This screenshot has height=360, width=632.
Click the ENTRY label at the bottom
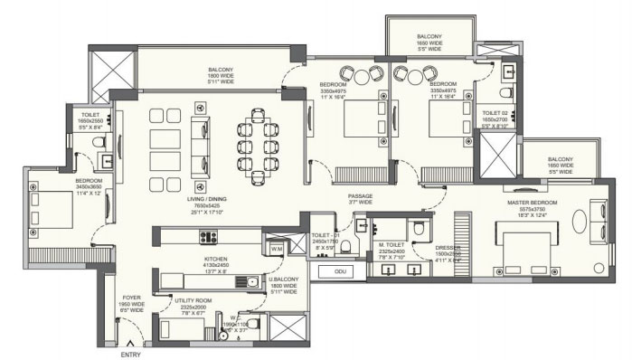tap(131, 355)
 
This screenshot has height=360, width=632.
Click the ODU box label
tap(339, 270)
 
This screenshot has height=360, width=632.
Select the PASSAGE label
tap(360, 196)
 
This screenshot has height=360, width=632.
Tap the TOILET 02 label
tap(498, 113)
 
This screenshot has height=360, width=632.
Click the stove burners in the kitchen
tap(209, 238)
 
